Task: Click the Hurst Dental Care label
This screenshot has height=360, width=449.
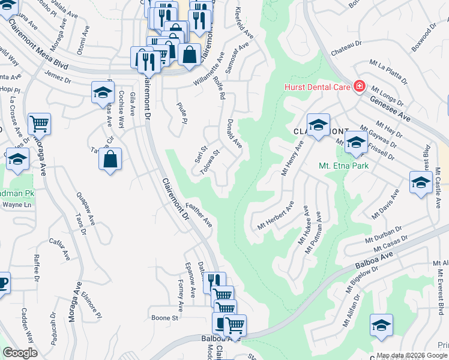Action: point(316,88)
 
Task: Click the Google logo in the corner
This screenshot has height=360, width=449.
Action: point(20,353)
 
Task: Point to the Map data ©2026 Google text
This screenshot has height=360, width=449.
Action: point(412,355)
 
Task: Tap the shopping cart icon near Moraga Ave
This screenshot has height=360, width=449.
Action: point(39,124)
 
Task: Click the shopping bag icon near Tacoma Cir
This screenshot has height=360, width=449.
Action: point(110,160)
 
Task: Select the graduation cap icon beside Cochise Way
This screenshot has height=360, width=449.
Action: point(103,93)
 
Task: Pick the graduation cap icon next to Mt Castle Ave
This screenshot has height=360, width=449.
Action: point(421,182)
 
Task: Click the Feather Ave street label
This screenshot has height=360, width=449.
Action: point(199,214)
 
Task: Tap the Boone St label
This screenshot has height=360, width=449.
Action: point(165,317)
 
